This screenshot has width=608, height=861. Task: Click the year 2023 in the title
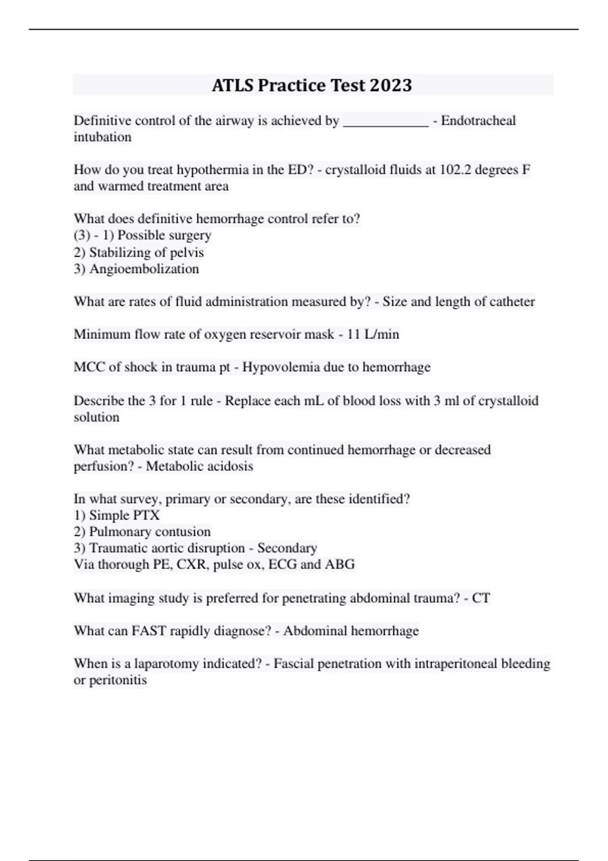[391, 85]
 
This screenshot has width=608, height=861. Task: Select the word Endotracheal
[478, 121]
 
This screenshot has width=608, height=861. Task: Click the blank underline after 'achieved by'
[386, 122]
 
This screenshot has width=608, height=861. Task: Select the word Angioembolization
[144, 268]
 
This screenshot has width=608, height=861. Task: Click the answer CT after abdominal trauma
[481, 598]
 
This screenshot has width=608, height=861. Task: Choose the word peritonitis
[118, 680]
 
